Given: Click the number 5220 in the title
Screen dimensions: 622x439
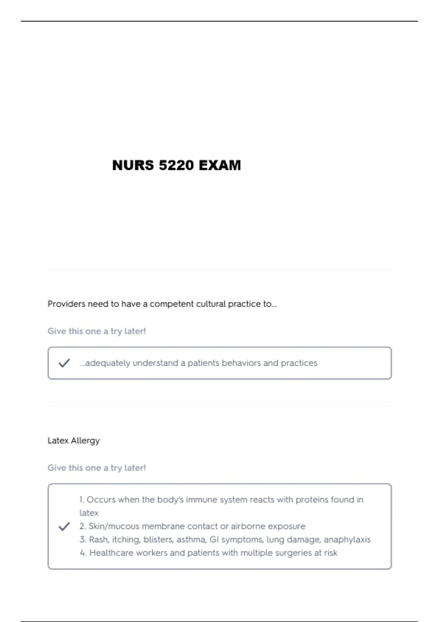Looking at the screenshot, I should coord(176,165).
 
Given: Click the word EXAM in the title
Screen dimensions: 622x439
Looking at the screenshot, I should coord(219,165).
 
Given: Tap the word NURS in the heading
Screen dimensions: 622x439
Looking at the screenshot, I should coord(133,165).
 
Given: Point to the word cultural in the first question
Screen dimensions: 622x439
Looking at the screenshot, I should coord(211,304).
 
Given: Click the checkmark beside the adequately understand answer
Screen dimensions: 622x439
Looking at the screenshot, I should coord(64,363).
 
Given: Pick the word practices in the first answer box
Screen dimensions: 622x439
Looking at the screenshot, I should coord(299,363).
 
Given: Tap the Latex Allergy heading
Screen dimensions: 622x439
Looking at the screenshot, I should coord(74,441).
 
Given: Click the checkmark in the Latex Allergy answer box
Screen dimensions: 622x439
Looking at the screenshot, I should coord(64,527).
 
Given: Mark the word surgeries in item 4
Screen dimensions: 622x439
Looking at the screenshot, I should coord(269,553).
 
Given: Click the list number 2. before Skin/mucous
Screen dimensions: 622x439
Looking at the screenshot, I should coord(83,527).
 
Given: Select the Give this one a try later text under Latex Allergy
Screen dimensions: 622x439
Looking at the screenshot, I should coord(97,468).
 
